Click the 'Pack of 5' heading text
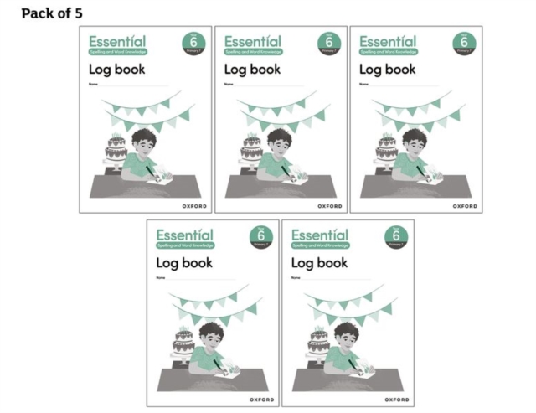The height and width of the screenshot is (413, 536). pos(51,13)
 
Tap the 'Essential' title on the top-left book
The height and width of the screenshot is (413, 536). pos(117,41)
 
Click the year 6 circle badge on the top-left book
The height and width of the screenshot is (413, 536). pos(193,44)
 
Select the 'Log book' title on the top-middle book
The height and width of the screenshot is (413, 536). pos(252,69)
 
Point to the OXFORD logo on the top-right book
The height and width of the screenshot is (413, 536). pos(465,205)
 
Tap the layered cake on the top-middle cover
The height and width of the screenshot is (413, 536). pos(250,152)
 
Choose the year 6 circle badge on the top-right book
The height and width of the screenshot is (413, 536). pos(464,44)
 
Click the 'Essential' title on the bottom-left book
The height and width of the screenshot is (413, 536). pos(184,235)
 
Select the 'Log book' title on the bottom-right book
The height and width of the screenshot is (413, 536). pos(320,263)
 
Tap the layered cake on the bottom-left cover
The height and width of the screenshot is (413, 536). pos(183,343)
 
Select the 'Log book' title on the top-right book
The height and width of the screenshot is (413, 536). pos(388,69)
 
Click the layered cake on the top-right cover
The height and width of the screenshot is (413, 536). pos(386,152)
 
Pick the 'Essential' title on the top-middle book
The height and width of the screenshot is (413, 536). pos(252,41)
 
